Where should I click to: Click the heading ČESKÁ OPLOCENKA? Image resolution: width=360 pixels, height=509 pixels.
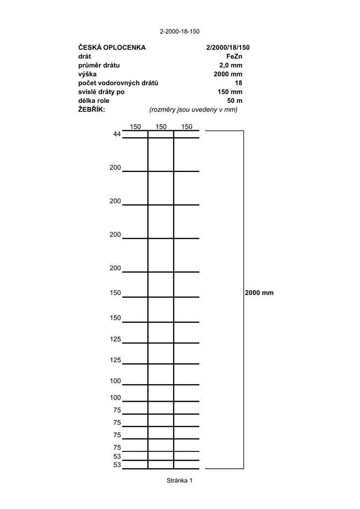(x=112, y=47)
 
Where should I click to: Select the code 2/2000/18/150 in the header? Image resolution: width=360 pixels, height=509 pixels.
(x=228, y=47)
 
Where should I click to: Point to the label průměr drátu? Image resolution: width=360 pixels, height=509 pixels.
(x=99, y=65)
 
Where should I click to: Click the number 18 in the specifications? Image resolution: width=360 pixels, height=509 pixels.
(x=238, y=83)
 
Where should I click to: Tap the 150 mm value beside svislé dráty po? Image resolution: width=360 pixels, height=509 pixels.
(x=230, y=92)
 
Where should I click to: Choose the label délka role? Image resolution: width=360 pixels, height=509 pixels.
(x=93, y=101)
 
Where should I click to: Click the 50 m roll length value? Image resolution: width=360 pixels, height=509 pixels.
(x=234, y=101)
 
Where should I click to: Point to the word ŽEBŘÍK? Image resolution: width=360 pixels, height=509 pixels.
(x=92, y=109)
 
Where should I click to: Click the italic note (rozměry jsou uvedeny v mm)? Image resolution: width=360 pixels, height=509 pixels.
(x=193, y=109)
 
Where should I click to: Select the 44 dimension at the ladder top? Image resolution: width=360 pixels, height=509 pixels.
(x=117, y=134)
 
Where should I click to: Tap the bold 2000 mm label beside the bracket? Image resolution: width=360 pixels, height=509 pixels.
(x=259, y=293)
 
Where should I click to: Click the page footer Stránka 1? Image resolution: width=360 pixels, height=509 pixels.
(x=180, y=481)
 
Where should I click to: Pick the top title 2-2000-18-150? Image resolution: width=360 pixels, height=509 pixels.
(x=180, y=31)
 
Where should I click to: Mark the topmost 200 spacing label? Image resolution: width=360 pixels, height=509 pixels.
(x=115, y=168)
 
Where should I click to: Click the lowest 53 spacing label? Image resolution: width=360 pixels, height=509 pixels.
(x=117, y=465)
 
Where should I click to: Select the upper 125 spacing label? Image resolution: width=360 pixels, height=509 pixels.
(x=115, y=339)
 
